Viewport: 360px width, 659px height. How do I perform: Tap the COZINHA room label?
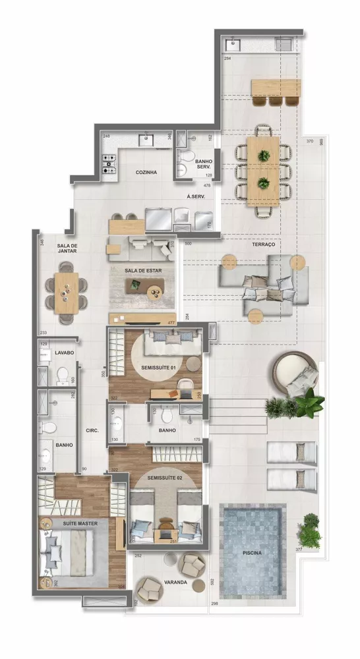(x=146, y=173)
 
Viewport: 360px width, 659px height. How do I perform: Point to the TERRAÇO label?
(x=263, y=244)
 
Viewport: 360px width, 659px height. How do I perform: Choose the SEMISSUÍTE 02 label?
(x=165, y=477)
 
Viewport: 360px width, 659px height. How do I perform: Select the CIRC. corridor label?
(x=92, y=430)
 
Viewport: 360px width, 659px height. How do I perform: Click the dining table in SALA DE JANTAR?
(x=66, y=293)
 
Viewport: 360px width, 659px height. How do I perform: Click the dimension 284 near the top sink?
(x=227, y=59)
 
